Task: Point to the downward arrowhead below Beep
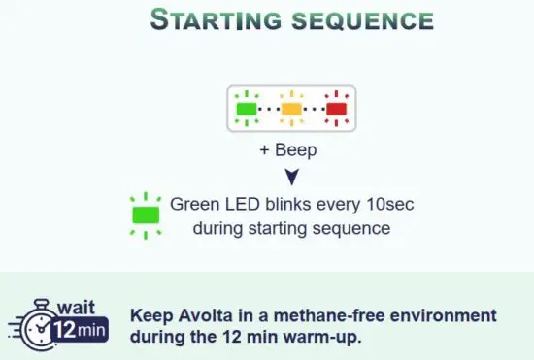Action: tap(291, 177)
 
